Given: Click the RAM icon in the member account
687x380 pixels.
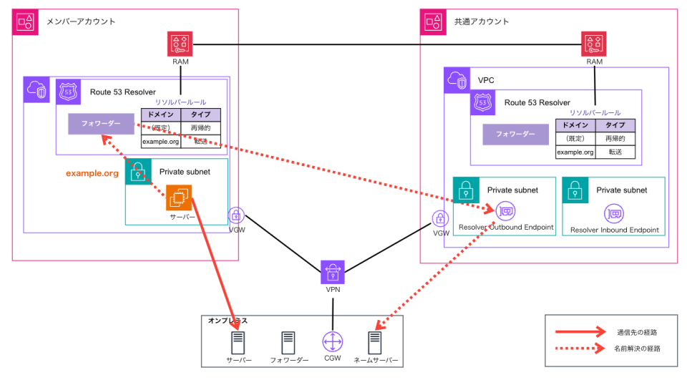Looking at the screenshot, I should point(180,44).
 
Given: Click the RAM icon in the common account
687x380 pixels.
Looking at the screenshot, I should point(594,44).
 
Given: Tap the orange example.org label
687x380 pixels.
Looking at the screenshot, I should point(92,173).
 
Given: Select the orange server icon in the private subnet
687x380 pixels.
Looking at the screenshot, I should point(179,198).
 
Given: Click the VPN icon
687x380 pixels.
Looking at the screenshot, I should point(333,272).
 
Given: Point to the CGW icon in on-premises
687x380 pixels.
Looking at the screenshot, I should point(333,342).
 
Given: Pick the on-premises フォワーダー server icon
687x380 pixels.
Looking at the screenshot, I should point(288,342).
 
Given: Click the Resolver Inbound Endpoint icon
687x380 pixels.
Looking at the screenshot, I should point(614,213).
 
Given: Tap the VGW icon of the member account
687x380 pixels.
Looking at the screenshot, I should point(236,215).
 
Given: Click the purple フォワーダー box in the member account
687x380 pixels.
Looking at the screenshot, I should point(101,123).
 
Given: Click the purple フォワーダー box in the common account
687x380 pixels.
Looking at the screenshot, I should point(515,134).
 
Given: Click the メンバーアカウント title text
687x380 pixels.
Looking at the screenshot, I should point(81,21).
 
